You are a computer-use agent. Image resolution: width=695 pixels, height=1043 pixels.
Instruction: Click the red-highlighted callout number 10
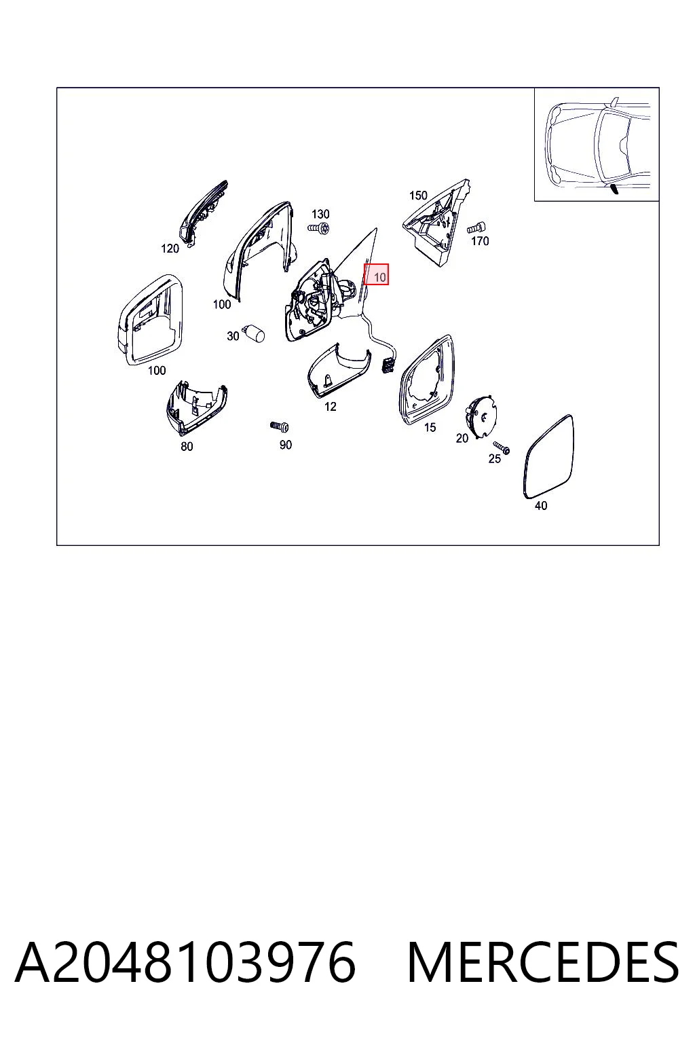click(x=380, y=278)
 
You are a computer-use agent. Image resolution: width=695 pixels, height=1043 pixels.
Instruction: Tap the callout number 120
click(x=170, y=249)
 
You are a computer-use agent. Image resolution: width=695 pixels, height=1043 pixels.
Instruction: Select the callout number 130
click(x=320, y=214)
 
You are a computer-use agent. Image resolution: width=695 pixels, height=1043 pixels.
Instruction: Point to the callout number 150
click(x=418, y=196)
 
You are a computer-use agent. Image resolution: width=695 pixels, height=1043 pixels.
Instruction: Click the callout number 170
click(x=480, y=241)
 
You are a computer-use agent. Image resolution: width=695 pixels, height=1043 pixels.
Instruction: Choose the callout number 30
click(x=233, y=335)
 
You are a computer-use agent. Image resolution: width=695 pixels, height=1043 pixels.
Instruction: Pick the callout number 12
click(x=330, y=407)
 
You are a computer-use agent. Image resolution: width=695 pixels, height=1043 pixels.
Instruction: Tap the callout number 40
click(x=540, y=506)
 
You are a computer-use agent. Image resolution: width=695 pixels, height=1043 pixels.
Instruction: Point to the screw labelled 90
click(x=280, y=426)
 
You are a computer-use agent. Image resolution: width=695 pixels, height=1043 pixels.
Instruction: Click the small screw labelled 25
click(x=502, y=447)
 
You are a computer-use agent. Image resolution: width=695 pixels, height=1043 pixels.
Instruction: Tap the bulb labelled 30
click(x=255, y=333)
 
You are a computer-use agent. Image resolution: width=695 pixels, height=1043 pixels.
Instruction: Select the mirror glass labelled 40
click(x=548, y=456)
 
